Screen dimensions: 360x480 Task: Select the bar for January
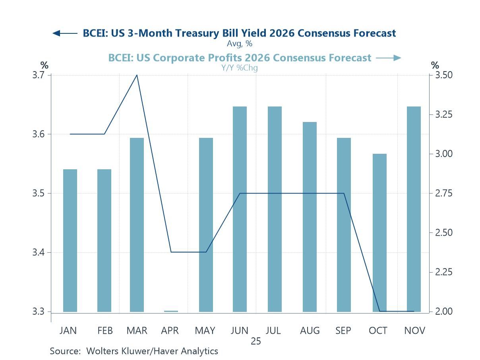70,240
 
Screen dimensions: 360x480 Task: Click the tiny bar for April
171,311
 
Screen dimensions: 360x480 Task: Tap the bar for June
240,209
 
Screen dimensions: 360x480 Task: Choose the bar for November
414,209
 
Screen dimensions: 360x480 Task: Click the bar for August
310,217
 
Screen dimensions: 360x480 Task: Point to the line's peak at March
137,75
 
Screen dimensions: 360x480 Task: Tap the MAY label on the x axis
205,331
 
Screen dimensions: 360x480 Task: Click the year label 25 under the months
256,341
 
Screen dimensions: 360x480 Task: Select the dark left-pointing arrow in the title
65,33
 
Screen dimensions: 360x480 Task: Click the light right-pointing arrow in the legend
389,58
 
